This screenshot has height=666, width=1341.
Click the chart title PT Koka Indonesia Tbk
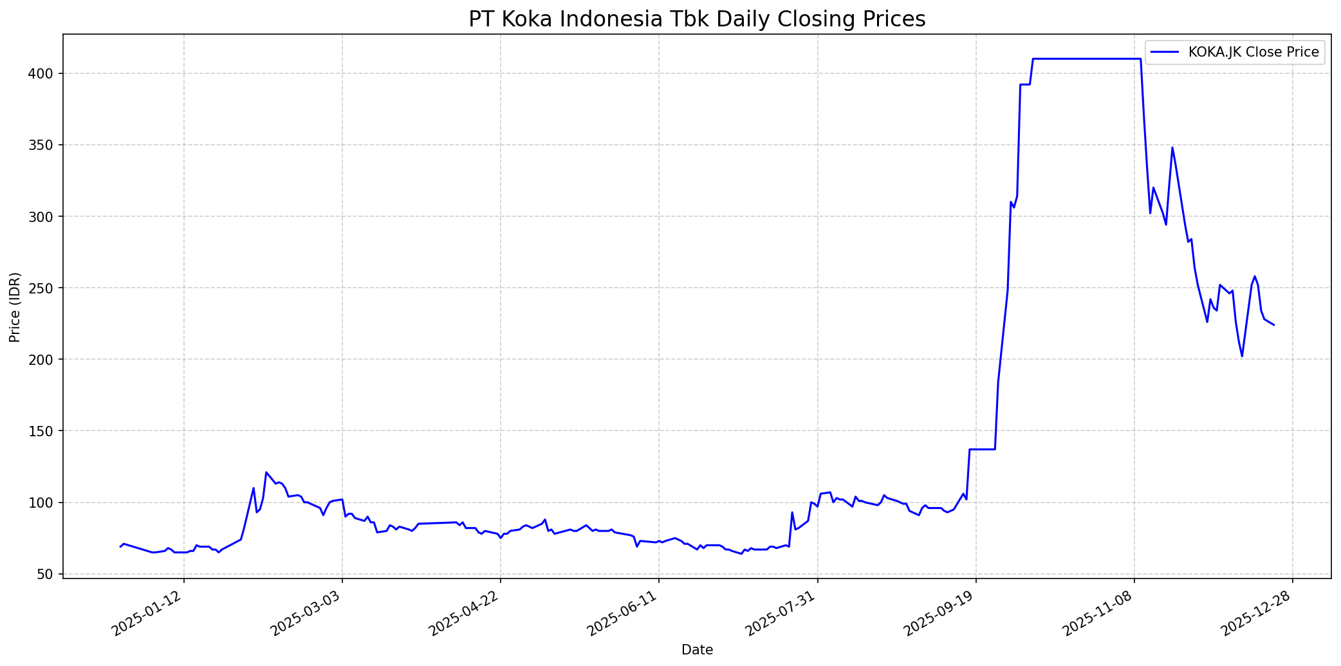coord(696,19)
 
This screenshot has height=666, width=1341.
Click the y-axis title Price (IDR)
coord(15,307)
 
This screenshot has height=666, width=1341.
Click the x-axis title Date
coord(697,650)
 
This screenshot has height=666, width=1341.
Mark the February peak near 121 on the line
coord(266,472)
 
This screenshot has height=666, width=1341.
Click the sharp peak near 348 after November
coord(1172,148)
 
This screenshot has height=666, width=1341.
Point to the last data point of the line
coord(1273,325)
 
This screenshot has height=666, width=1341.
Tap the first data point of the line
coord(120,547)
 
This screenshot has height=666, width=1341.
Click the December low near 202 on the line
coord(1242,356)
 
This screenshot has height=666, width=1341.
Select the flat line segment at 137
coord(982,449)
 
